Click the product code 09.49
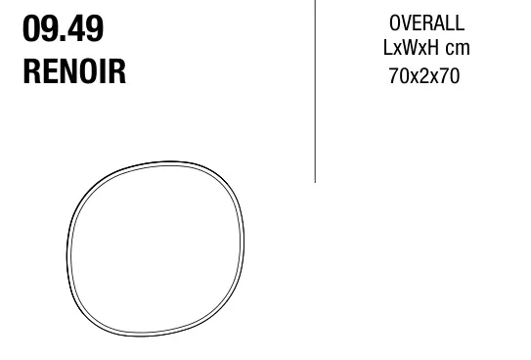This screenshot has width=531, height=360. pyautogui.click(x=63, y=28)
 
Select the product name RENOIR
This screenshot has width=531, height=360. pyautogui.click(x=74, y=71)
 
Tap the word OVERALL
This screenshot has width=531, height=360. pyautogui.click(x=426, y=23)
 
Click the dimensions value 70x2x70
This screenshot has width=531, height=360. pyautogui.click(x=424, y=76)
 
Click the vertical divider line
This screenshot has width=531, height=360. pyautogui.click(x=315, y=91)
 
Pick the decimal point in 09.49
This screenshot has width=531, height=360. pyautogui.click(x=63, y=39)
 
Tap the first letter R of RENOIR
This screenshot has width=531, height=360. pyautogui.click(x=31, y=71)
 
